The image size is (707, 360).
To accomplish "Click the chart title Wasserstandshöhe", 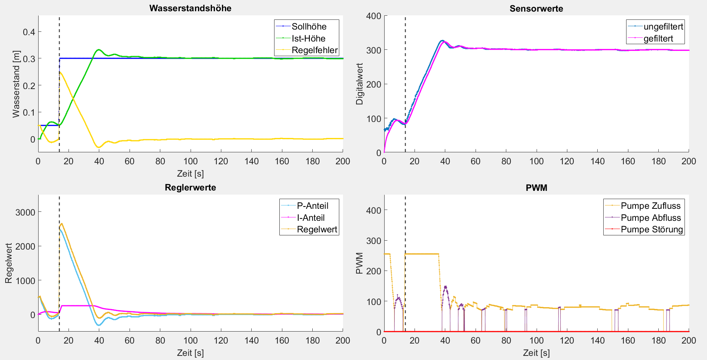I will point(190,8).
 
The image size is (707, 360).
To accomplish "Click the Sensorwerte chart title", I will point(536,9).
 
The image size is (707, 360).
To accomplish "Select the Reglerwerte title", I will point(190,187).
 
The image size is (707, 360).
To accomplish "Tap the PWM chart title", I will point(536,188).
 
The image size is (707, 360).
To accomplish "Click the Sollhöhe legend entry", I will point(309,27).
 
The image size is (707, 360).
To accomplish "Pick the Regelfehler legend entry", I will point(315,50).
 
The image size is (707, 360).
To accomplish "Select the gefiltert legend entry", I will point(658,39).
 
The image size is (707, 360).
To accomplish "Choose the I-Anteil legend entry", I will point(310,218).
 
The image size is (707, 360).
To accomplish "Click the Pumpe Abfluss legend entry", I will point(651,218).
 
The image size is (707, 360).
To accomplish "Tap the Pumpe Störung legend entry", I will point(652,229).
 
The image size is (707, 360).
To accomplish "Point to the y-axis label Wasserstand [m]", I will point(16,84).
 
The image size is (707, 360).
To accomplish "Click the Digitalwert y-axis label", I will point(359,84).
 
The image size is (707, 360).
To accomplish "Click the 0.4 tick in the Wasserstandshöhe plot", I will point(29,32).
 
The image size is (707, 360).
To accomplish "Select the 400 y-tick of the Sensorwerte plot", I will point(374,16).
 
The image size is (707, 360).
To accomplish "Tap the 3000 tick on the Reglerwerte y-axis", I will point(25,212).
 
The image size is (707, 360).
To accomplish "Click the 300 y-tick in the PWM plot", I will point(374,241).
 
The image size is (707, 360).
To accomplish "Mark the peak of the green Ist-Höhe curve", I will point(98,49).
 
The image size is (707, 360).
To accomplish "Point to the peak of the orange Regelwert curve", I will point(62,224).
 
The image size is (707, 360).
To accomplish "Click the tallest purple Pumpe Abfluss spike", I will point(445,287).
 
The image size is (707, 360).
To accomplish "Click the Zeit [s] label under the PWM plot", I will point(536,353).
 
